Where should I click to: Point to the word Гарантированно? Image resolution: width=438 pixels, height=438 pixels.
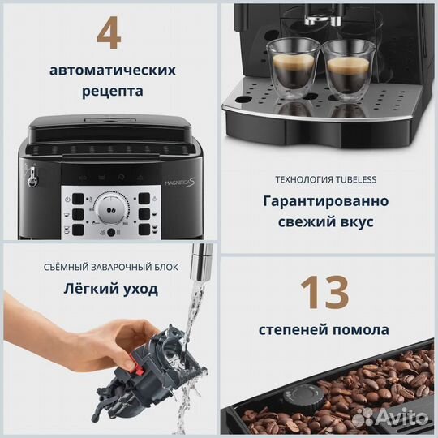(x=324, y=201)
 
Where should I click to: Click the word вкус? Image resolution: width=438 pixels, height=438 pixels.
(x=363, y=222)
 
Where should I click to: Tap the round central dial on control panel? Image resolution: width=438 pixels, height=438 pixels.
(x=108, y=209)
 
